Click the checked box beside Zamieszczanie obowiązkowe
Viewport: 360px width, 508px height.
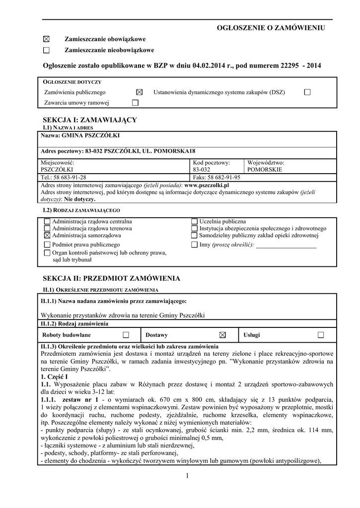(x=47, y=39)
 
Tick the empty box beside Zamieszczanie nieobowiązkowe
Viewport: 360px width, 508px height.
(x=47, y=50)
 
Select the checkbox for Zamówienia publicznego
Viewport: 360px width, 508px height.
(x=139, y=92)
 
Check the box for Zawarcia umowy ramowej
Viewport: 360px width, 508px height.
(x=135, y=103)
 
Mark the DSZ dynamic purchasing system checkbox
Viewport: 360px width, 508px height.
(x=307, y=92)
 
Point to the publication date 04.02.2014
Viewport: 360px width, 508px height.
(x=205, y=65)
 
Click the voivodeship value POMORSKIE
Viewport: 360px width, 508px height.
(x=264, y=169)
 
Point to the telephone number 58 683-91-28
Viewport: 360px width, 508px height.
(x=70, y=177)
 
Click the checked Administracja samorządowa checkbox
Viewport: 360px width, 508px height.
(x=47, y=236)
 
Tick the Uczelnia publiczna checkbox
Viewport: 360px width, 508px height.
(x=194, y=221)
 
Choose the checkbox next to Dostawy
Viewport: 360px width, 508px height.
(x=222, y=335)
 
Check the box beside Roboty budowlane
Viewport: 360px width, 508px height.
(x=126, y=335)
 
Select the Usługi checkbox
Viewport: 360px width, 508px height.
(x=321, y=335)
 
